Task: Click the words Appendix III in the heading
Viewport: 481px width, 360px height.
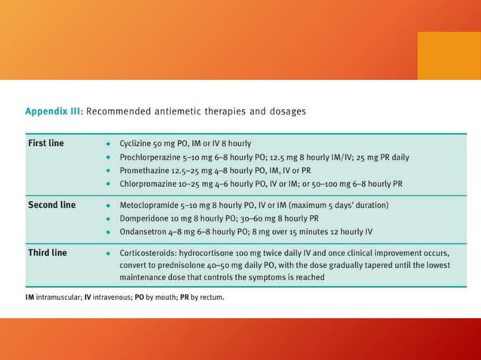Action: pos(54,111)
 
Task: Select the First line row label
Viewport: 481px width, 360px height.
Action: pos(46,143)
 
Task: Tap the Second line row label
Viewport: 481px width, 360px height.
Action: pos(52,205)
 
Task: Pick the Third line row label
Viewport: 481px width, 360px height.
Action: pos(47,252)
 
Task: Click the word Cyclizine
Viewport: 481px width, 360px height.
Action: pos(136,143)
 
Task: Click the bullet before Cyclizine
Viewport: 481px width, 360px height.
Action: pos(109,144)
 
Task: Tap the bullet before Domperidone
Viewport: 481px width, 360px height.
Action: pos(109,218)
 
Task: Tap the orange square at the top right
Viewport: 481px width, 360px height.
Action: pos(449,55)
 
